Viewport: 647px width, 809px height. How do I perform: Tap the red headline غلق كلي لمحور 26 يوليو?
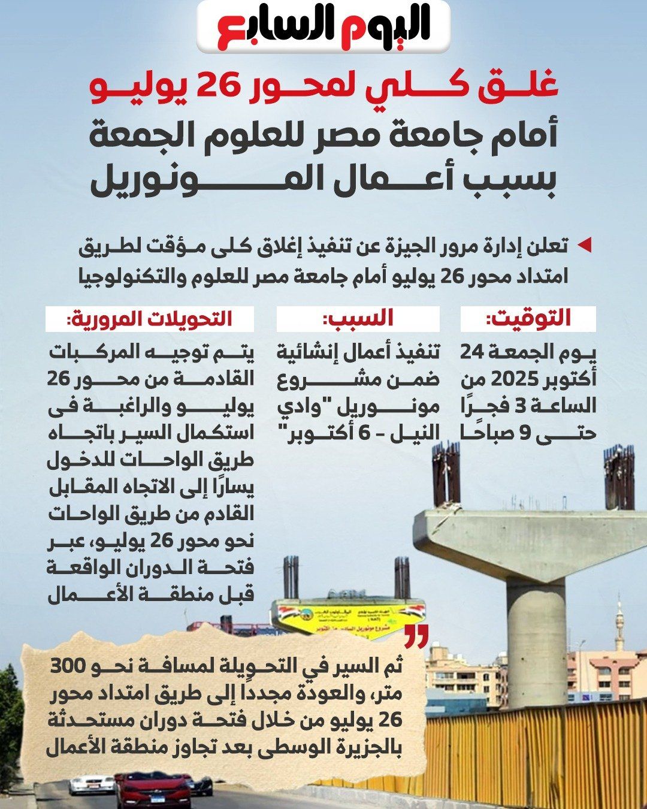(x=323, y=87)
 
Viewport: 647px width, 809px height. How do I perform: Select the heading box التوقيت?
(x=528, y=319)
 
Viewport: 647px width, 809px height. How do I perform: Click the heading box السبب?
(x=358, y=319)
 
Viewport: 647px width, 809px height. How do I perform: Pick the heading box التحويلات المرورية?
(x=150, y=319)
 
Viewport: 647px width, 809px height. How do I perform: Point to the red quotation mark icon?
(x=416, y=637)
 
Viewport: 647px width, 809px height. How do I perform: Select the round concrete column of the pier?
(x=536, y=641)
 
